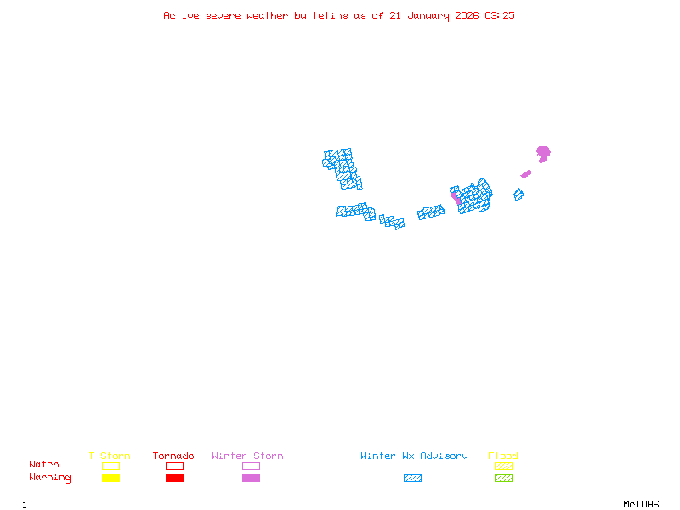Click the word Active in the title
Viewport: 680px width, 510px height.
tap(181, 15)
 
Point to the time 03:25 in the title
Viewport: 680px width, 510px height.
tap(500, 15)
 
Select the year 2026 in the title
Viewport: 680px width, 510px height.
tap(467, 15)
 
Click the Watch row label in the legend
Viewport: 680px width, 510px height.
tap(44, 465)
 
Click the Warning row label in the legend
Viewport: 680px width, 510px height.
tap(50, 478)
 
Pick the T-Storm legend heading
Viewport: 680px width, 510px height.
tap(110, 456)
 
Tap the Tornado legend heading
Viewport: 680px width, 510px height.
tap(173, 456)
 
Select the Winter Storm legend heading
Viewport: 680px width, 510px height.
tap(247, 456)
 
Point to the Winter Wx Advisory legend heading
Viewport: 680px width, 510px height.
tap(414, 456)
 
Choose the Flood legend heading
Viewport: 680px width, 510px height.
tap(503, 456)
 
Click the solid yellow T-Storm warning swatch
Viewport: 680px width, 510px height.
tap(110, 479)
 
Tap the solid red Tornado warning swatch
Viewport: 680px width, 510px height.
tap(174, 479)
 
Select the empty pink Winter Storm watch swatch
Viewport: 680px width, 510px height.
tap(251, 466)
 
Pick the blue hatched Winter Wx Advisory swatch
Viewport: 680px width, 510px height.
tap(412, 479)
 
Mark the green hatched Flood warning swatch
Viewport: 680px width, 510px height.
tap(503, 479)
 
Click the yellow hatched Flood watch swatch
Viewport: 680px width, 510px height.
tap(503, 466)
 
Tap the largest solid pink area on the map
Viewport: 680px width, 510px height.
tap(543, 153)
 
